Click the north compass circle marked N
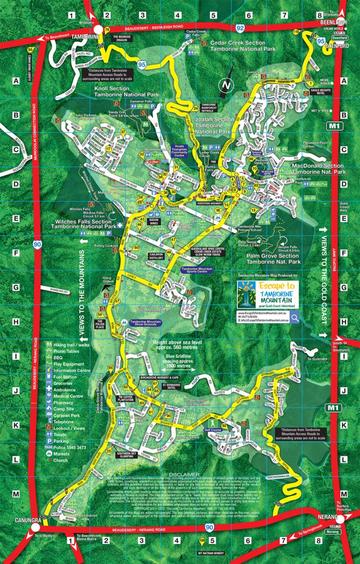tap(226, 86)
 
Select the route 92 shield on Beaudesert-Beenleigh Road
tap(240, 29)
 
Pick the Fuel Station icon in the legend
tap(49, 377)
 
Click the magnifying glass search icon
tap(295, 318)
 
